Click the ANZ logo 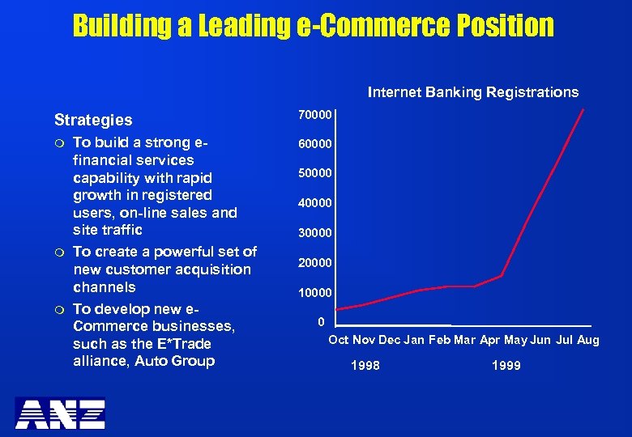coord(61,414)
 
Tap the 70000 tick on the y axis coord(315,116)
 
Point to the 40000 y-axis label coord(315,203)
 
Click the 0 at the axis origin coord(322,322)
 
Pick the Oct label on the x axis coord(339,340)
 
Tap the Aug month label coord(588,340)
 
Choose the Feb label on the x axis coord(439,340)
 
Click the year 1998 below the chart coord(365,366)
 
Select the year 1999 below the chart coord(506,366)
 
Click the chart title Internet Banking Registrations coord(473,92)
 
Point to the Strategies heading coord(93,120)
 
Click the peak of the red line coord(583,109)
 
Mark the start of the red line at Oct coord(337,309)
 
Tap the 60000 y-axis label coord(315,145)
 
